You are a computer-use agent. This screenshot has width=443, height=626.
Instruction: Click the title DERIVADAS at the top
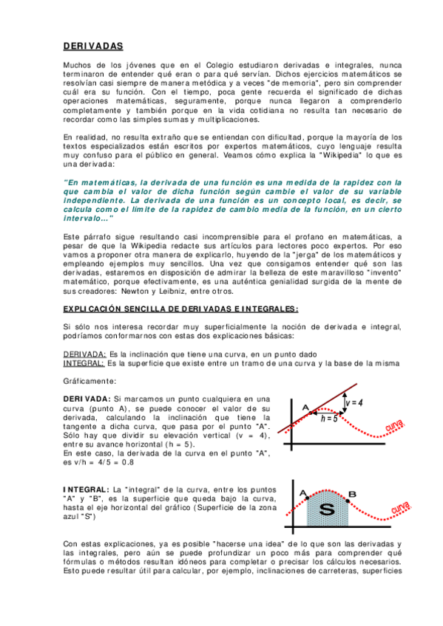(x=93, y=47)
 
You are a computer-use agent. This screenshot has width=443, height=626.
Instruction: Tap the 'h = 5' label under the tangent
(x=330, y=418)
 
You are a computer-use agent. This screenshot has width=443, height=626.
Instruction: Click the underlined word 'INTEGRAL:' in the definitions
(x=84, y=363)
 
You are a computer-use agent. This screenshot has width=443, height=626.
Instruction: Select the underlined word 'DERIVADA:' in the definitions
(x=85, y=354)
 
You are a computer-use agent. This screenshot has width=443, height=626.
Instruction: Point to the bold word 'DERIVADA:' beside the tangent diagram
(x=87, y=399)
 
